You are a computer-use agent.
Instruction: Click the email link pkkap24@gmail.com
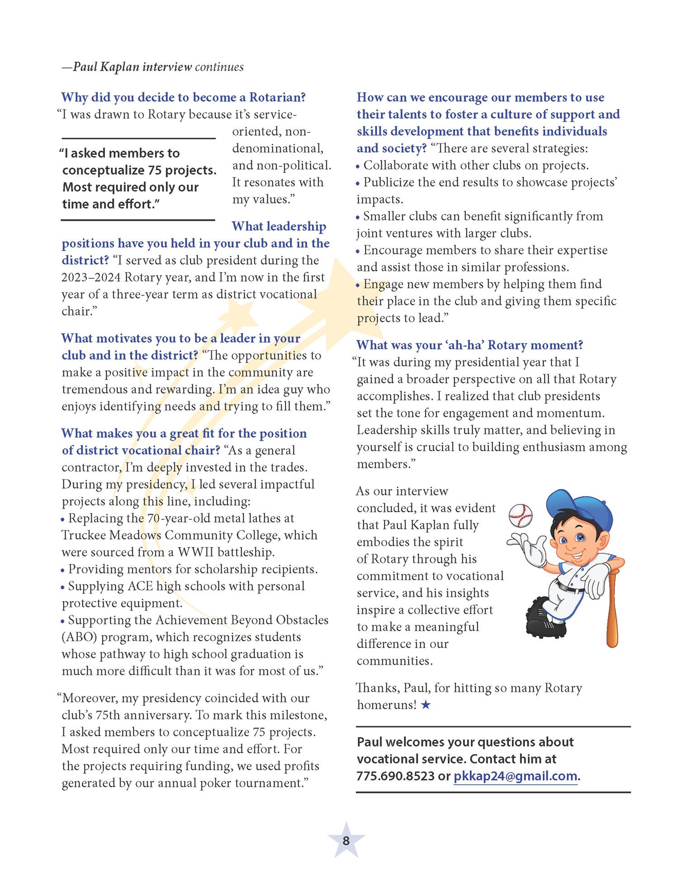point(515,776)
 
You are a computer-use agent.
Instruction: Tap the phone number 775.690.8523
point(395,776)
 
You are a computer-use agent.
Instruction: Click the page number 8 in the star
point(346,841)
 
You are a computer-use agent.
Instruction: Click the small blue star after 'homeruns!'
point(425,705)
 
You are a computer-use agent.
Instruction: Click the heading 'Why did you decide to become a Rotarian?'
point(184,97)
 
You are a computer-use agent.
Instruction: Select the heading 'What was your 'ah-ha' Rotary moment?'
point(469,345)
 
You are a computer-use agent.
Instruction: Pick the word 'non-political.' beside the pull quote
point(281,166)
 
